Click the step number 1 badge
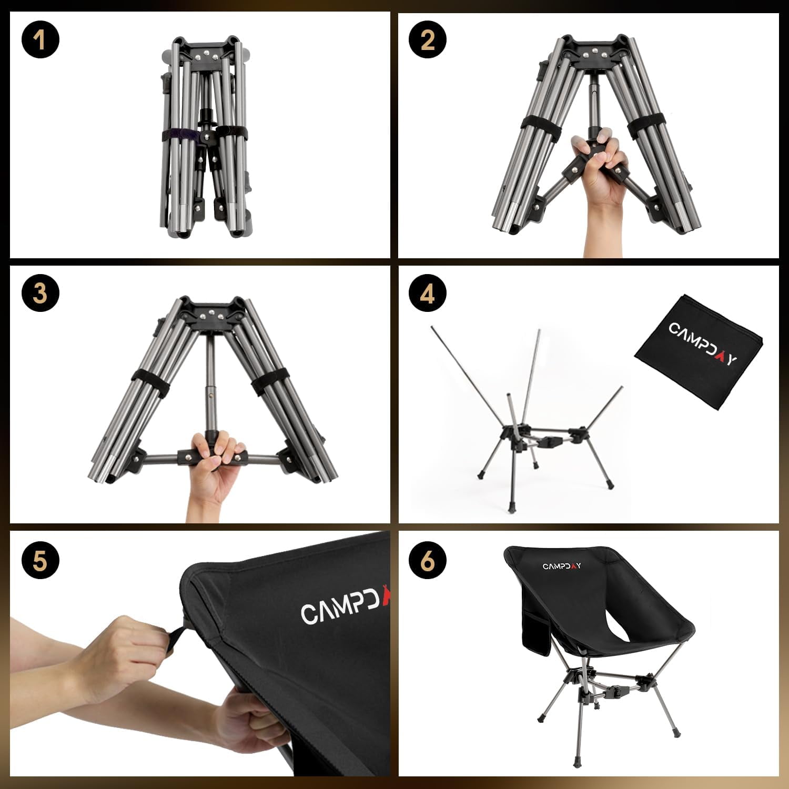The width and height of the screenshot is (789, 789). [41, 39]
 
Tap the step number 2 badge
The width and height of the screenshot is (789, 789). [428, 39]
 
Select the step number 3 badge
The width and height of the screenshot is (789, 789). [41, 293]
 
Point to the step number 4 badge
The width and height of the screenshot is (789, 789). [428, 293]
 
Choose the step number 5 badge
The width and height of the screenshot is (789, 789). [41, 561]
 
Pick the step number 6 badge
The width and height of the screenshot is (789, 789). [428, 561]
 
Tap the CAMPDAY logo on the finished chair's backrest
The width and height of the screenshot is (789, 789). [562, 566]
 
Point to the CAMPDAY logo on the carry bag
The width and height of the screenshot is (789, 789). [703, 343]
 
